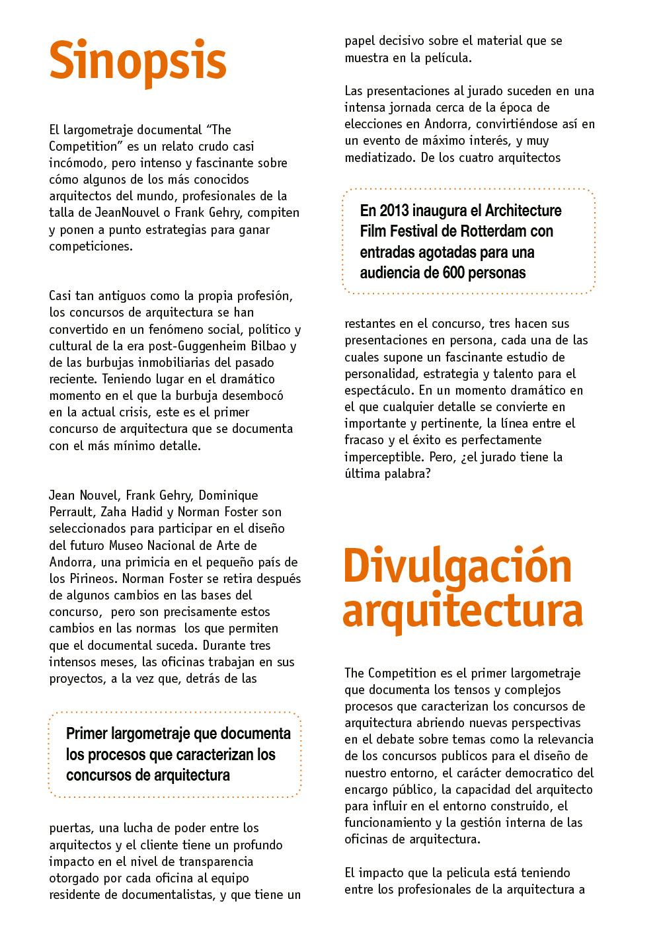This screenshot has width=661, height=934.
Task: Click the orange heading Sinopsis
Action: tap(137, 61)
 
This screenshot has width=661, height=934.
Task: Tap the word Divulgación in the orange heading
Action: tap(457, 567)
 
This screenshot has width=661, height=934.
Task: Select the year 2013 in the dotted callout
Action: tap(394, 211)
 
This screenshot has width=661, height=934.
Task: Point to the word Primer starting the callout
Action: tap(87, 734)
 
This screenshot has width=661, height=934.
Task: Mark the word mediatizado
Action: tap(379, 157)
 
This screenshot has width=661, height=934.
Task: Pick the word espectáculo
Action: tap(379, 390)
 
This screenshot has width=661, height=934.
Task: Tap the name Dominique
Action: tap(228, 495)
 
